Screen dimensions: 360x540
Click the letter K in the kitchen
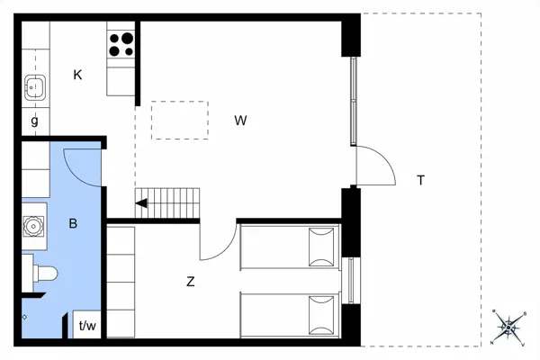(x=78, y=75)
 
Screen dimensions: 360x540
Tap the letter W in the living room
(x=240, y=120)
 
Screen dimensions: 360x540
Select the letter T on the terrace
(x=420, y=180)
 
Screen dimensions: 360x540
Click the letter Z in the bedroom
(x=191, y=282)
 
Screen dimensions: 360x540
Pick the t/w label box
(x=88, y=326)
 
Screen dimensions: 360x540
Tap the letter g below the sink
(x=35, y=120)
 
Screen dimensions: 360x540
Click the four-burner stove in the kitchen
(x=121, y=43)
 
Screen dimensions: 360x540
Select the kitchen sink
(x=35, y=88)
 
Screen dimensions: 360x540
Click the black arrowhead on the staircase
(x=141, y=203)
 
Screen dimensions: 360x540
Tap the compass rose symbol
(x=508, y=327)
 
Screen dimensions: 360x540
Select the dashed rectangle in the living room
(x=179, y=121)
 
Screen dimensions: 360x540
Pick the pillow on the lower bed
(x=319, y=312)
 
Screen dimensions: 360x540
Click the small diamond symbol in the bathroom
(x=24, y=318)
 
